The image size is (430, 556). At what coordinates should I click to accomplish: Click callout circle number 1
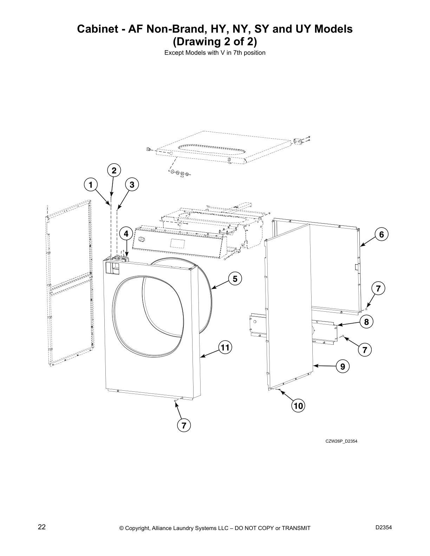click(91, 184)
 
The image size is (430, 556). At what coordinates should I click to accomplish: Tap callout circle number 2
click(114, 171)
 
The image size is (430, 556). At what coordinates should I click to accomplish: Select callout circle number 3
click(132, 184)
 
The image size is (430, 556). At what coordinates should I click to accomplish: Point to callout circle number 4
click(126, 233)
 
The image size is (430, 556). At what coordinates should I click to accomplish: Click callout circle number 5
click(235, 279)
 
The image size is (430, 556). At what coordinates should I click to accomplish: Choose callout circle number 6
click(382, 234)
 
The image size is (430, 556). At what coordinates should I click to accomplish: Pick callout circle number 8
click(366, 322)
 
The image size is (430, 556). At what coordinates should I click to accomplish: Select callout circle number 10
click(298, 406)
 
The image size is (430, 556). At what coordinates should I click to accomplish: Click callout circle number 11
click(225, 348)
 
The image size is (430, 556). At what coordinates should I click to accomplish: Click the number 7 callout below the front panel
click(183, 425)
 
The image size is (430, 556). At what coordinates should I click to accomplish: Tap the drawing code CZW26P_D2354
click(341, 441)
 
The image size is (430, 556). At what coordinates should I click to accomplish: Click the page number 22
click(41, 527)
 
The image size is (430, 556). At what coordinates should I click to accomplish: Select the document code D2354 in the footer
click(384, 527)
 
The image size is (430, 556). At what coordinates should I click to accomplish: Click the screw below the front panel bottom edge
click(175, 400)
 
